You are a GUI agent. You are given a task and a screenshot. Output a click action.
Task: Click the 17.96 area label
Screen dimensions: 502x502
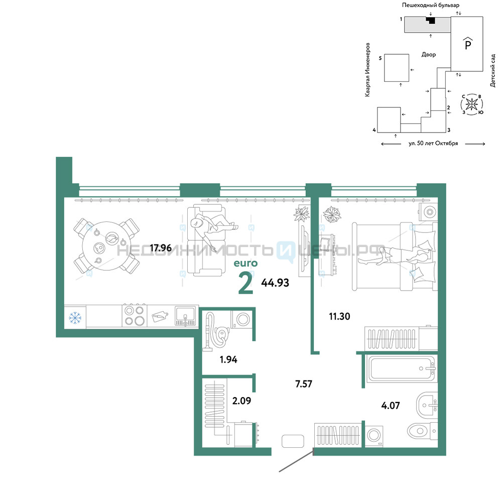click(161, 248)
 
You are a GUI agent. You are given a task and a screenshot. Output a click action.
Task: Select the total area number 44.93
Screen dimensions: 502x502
click(275, 283)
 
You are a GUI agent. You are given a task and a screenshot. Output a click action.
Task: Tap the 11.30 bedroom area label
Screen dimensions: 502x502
click(339, 316)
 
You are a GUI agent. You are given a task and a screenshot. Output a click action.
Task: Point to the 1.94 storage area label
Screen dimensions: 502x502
click(228, 359)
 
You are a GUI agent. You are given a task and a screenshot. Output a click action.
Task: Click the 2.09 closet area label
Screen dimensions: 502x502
click(241, 401)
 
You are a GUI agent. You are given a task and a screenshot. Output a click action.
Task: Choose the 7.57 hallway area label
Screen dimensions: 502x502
click(304, 384)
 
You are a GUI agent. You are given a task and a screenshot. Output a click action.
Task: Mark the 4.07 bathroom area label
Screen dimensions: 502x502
click(391, 406)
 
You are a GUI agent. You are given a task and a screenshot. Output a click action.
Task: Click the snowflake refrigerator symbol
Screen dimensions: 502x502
click(75, 318)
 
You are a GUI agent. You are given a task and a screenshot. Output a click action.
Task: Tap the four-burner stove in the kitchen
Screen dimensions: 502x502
click(135, 316)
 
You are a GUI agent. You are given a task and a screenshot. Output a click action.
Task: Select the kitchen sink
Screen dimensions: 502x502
click(185, 316)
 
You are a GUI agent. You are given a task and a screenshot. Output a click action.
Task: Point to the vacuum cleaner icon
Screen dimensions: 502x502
click(216, 332)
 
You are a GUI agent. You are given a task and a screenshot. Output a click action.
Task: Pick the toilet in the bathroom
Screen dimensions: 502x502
click(422, 431)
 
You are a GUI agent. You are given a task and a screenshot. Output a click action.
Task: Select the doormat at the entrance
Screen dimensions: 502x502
click(293, 441)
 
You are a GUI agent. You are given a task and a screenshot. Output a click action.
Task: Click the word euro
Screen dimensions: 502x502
click(245, 263)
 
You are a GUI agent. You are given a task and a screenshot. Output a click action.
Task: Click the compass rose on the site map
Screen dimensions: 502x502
click(471, 104)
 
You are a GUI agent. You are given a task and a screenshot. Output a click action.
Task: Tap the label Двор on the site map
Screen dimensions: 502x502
click(429, 55)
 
